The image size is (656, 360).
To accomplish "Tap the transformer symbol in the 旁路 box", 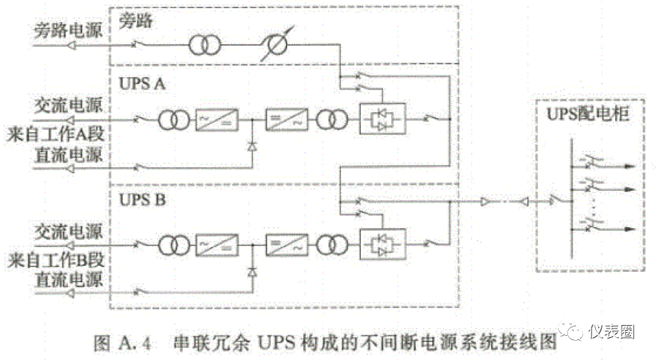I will [202, 45].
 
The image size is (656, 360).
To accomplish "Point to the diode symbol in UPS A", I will [252, 146].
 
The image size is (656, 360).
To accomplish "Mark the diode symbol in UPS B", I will [252, 271].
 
